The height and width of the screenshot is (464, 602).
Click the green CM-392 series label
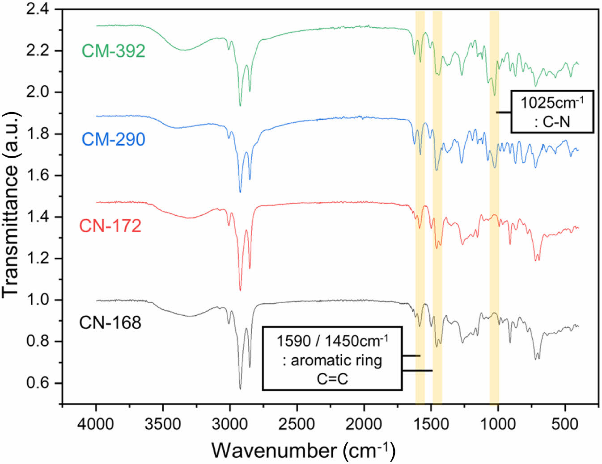point(114,51)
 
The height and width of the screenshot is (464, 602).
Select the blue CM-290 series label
point(114,139)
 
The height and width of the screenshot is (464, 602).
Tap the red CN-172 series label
point(110,226)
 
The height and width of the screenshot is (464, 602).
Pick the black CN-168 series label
point(110,322)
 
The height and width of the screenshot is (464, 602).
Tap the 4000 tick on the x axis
point(96,423)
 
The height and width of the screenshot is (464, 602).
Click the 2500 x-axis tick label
point(297,423)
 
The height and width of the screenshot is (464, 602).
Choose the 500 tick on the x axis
point(565,423)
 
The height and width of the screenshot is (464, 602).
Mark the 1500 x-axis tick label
point(431,423)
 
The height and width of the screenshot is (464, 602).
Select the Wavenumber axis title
point(303,450)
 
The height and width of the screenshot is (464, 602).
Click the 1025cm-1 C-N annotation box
point(552,112)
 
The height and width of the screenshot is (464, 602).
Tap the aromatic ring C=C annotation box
point(332,359)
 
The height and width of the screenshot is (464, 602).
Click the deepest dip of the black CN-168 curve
point(240,389)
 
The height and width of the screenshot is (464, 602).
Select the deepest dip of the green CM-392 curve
point(240,106)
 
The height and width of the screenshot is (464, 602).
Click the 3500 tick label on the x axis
point(163,423)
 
